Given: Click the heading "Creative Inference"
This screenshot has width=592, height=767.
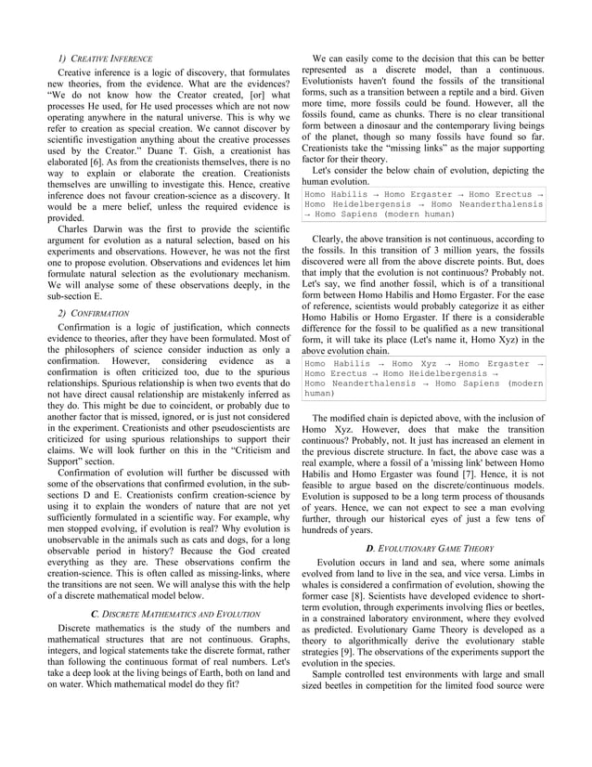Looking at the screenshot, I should pos(107,57).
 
